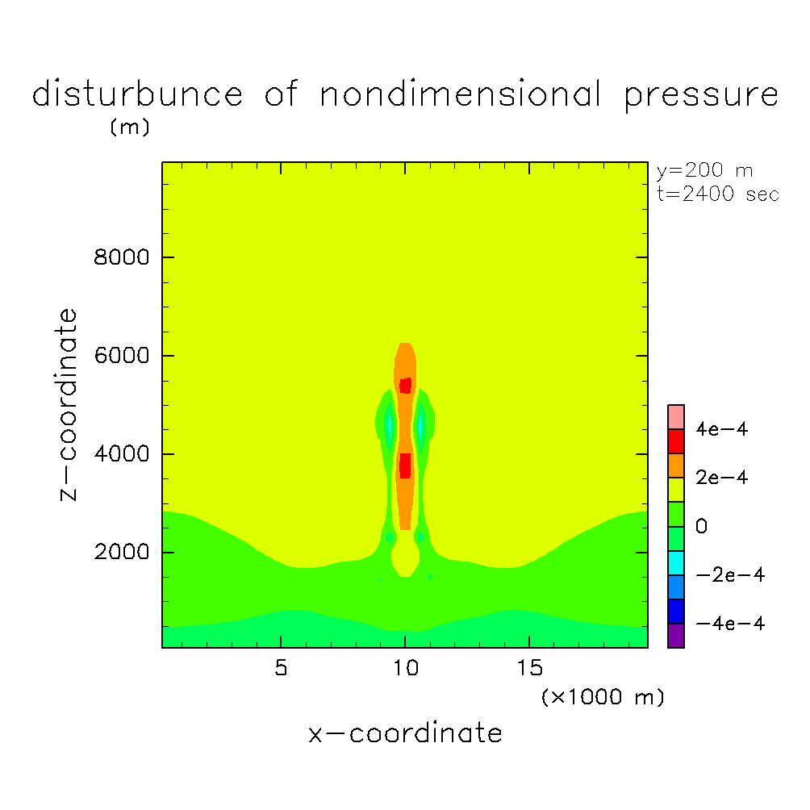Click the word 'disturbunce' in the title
point(137,95)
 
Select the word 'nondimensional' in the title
point(461,95)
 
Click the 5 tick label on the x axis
point(280,669)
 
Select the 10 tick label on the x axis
point(405,669)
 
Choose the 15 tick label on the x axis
point(529,669)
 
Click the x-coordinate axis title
point(405,733)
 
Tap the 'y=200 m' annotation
point(704,171)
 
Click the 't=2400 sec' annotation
point(718,194)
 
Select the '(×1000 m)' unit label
point(603,697)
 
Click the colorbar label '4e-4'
point(722,429)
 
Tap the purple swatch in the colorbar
point(676,636)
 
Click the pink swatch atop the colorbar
point(676,416)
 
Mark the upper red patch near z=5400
point(405,385)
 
